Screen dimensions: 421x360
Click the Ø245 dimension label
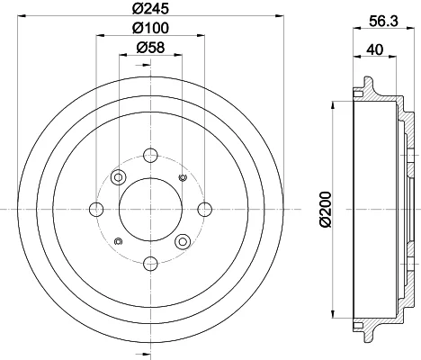pos(150,8)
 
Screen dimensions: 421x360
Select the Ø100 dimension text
pos(150,28)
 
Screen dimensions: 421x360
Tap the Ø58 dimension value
pos(150,48)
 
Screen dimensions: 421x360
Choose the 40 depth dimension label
pos(375,49)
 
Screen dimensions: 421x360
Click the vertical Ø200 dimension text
pos(325,210)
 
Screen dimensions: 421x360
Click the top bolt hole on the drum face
pos(150,155)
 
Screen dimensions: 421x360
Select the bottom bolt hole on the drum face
pos(150,264)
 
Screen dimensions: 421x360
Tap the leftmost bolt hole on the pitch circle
pos(96,209)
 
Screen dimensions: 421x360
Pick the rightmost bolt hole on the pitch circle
pos(205,209)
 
